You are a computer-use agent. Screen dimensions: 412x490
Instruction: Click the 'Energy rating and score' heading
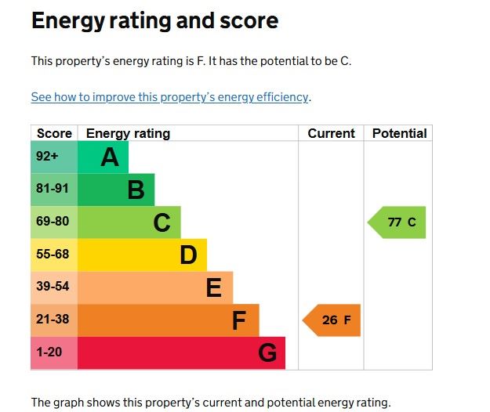(x=154, y=20)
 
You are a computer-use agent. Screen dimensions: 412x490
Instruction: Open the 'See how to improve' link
(x=169, y=97)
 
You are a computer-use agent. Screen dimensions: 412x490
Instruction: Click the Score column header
(x=54, y=133)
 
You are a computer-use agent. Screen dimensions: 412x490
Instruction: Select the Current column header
(x=331, y=133)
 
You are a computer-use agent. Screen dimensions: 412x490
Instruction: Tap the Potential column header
(x=399, y=133)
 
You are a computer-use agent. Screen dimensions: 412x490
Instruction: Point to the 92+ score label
(x=47, y=157)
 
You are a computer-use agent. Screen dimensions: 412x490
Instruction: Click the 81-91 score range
(x=53, y=190)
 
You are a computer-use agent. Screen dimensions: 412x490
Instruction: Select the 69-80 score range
(x=53, y=222)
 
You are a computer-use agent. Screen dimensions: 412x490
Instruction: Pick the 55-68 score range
(x=53, y=255)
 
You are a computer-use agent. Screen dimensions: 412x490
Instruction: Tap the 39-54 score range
(x=53, y=287)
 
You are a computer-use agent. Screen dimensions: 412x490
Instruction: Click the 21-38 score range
(x=53, y=320)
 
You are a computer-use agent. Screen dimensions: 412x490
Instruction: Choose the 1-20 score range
(x=49, y=352)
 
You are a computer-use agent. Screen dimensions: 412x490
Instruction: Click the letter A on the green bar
(x=110, y=158)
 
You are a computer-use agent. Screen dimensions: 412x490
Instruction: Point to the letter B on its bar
(x=136, y=190)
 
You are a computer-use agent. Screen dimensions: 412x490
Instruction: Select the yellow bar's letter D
(x=188, y=255)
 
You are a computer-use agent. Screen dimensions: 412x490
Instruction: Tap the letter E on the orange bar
(x=213, y=288)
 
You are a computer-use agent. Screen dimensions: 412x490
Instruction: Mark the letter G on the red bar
(x=267, y=353)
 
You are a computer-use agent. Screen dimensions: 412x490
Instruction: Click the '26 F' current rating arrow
(x=332, y=320)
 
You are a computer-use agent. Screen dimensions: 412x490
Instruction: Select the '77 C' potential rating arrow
(x=398, y=222)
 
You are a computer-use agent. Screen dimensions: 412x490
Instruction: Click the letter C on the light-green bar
(x=162, y=223)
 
